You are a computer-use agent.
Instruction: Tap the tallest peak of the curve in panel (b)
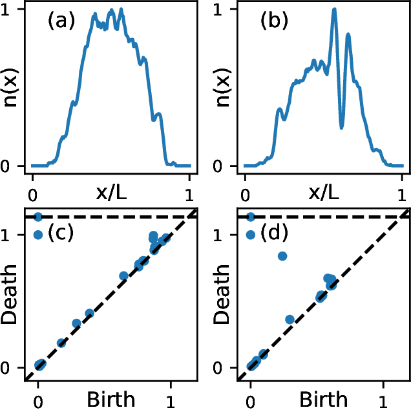334,9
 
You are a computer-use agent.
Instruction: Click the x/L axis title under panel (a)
111,192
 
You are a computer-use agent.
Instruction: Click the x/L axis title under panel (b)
324,192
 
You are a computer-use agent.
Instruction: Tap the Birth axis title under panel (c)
111,398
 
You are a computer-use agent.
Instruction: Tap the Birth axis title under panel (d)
323,398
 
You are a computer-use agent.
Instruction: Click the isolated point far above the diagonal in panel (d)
282,256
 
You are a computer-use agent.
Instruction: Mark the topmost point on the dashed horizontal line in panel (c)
38,217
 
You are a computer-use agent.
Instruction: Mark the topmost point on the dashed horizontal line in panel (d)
251,217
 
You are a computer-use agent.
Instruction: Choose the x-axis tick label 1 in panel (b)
403,193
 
